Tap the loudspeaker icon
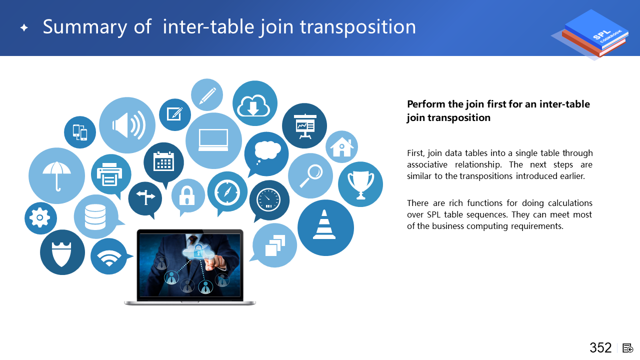(x=129, y=125)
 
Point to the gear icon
(x=40, y=217)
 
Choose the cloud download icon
(x=253, y=105)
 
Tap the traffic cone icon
(x=324, y=224)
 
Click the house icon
(x=341, y=147)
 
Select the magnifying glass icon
(x=311, y=175)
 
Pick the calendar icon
(x=163, y=161)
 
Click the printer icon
(x=109, y=174)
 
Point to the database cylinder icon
(x=95, y=217)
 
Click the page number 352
(x=600, y=347)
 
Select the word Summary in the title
(x=85, y=27)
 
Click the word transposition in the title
(x=358, y=27)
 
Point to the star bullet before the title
(x=24, y=27)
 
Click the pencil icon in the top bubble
(x=207, y=95)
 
